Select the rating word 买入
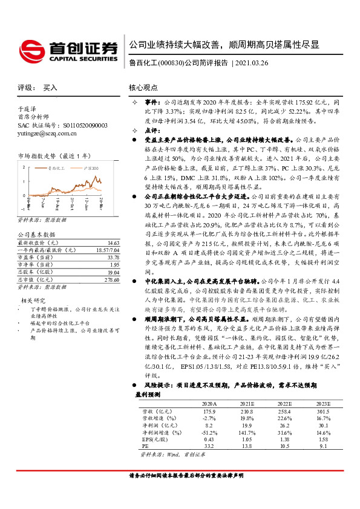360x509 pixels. click(x=50, y=87)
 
